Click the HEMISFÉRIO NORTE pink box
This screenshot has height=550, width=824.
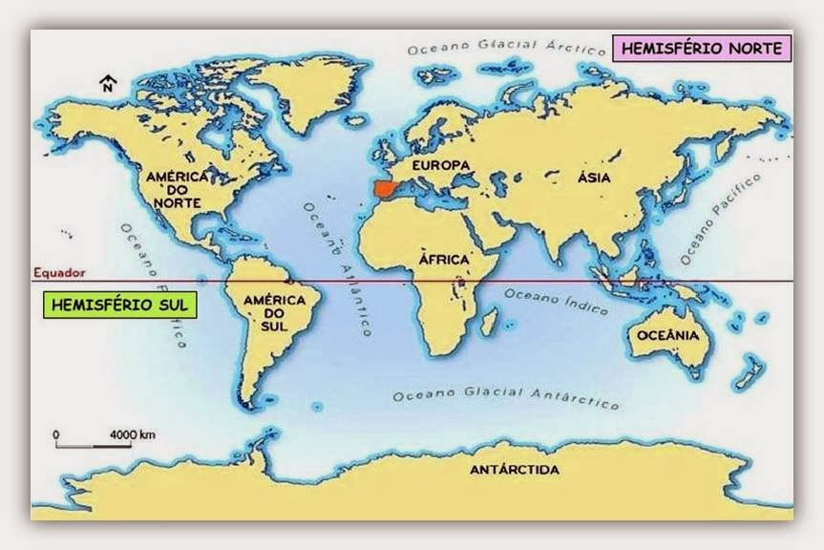(x=700, y=48)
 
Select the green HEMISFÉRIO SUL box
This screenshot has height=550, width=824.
(x=119, y=305)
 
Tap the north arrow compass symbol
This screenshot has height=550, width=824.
(x=108, y=85)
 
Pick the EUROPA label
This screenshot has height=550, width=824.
(x=440, y=166)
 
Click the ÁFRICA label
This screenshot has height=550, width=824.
(x=444, y=259)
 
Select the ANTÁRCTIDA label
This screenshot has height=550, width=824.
(x=515, y=470)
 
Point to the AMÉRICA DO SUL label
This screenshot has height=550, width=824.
(x=274, y=313)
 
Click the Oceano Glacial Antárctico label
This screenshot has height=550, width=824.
(x=505, y=394)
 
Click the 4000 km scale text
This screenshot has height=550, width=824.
(x=133, y=434)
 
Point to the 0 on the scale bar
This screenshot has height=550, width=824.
(x=56, y=434)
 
